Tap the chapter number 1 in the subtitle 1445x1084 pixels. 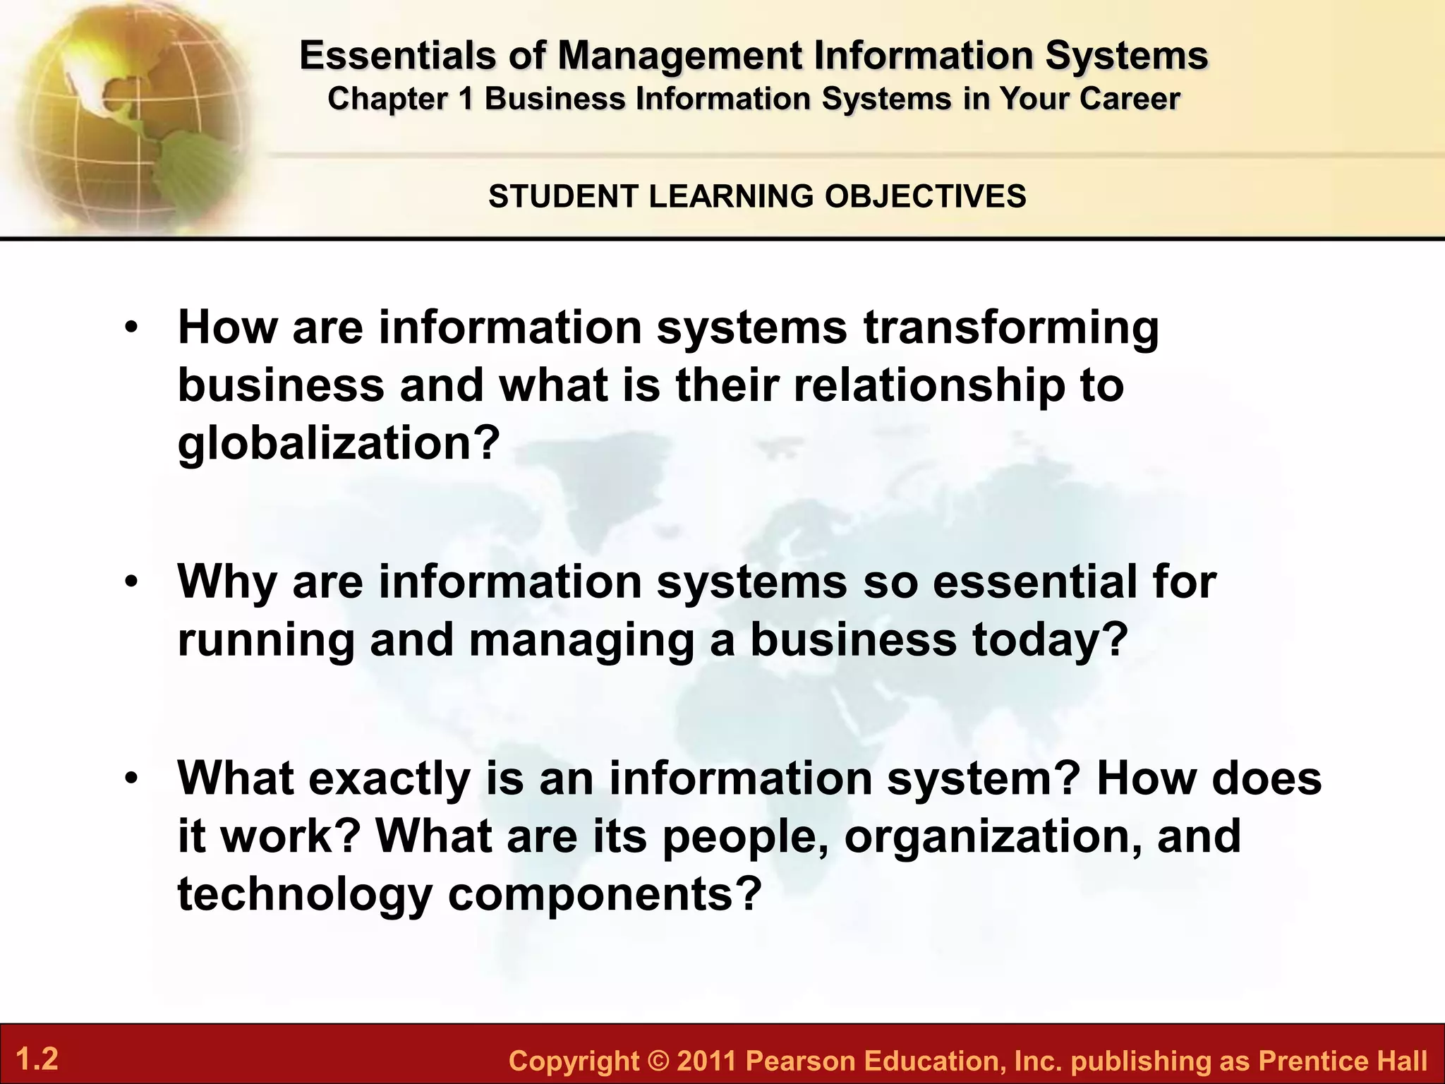coord(465,99)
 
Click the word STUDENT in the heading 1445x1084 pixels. coord(563,196)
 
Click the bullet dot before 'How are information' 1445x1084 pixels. coord(131,329)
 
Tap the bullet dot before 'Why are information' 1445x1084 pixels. coord(131,583)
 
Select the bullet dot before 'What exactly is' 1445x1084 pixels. coord(131,779)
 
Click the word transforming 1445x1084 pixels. coord(1011,329)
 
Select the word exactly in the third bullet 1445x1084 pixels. coord(389,779)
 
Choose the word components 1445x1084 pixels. coord(605,895)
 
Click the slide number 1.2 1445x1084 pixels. coord(37,1059)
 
